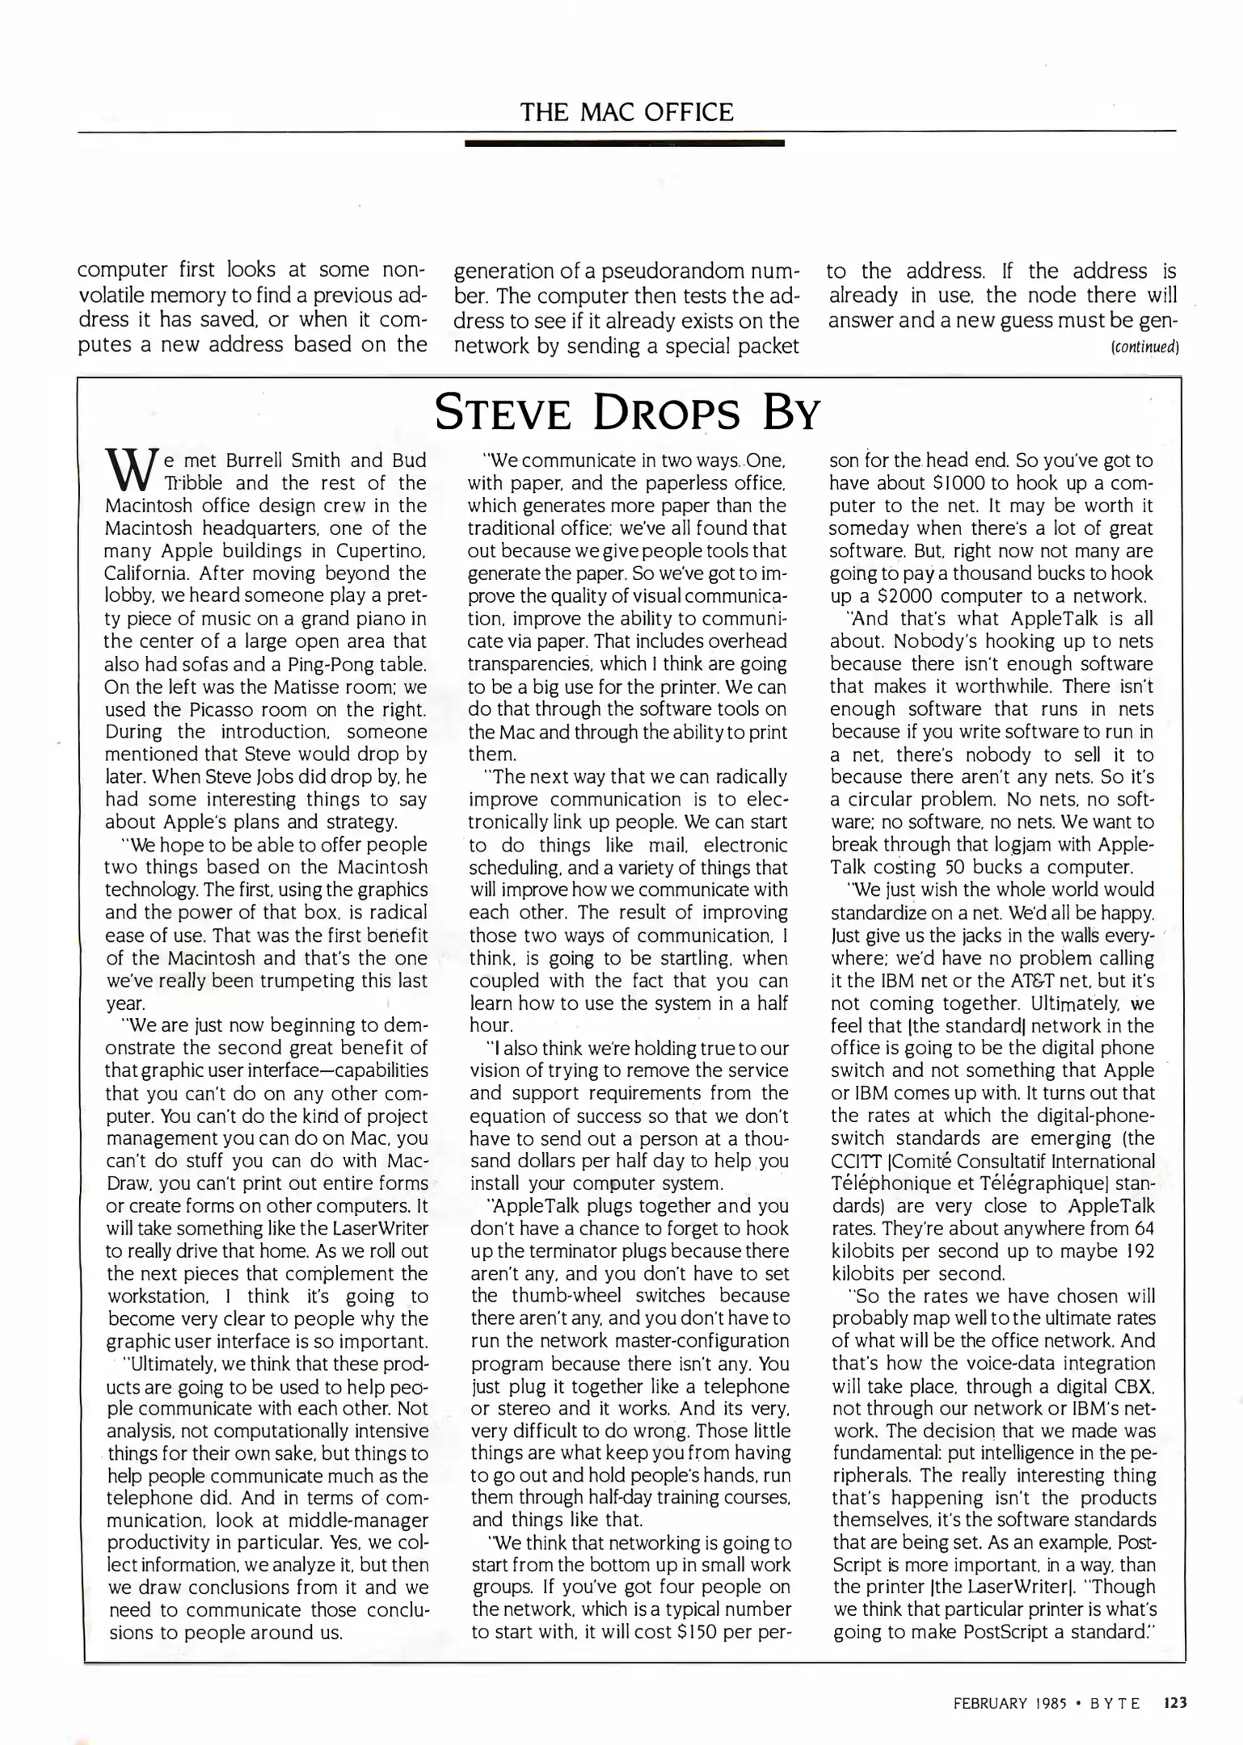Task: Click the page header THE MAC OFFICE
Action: click(x=626, y=111)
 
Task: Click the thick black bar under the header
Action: click(x=625, y=144)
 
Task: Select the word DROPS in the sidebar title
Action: click(x=667, y=414)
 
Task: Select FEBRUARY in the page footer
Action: click(x=990, y=1703)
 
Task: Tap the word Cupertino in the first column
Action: click(x=384, y=551)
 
